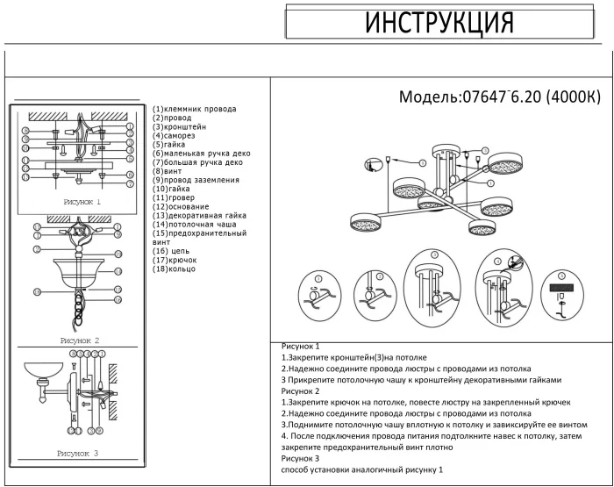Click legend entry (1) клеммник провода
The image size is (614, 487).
[194, 109]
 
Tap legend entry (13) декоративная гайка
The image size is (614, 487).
[199, 215]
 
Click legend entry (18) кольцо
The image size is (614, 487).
[175, 269]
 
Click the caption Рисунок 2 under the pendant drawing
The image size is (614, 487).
[79, 340]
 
